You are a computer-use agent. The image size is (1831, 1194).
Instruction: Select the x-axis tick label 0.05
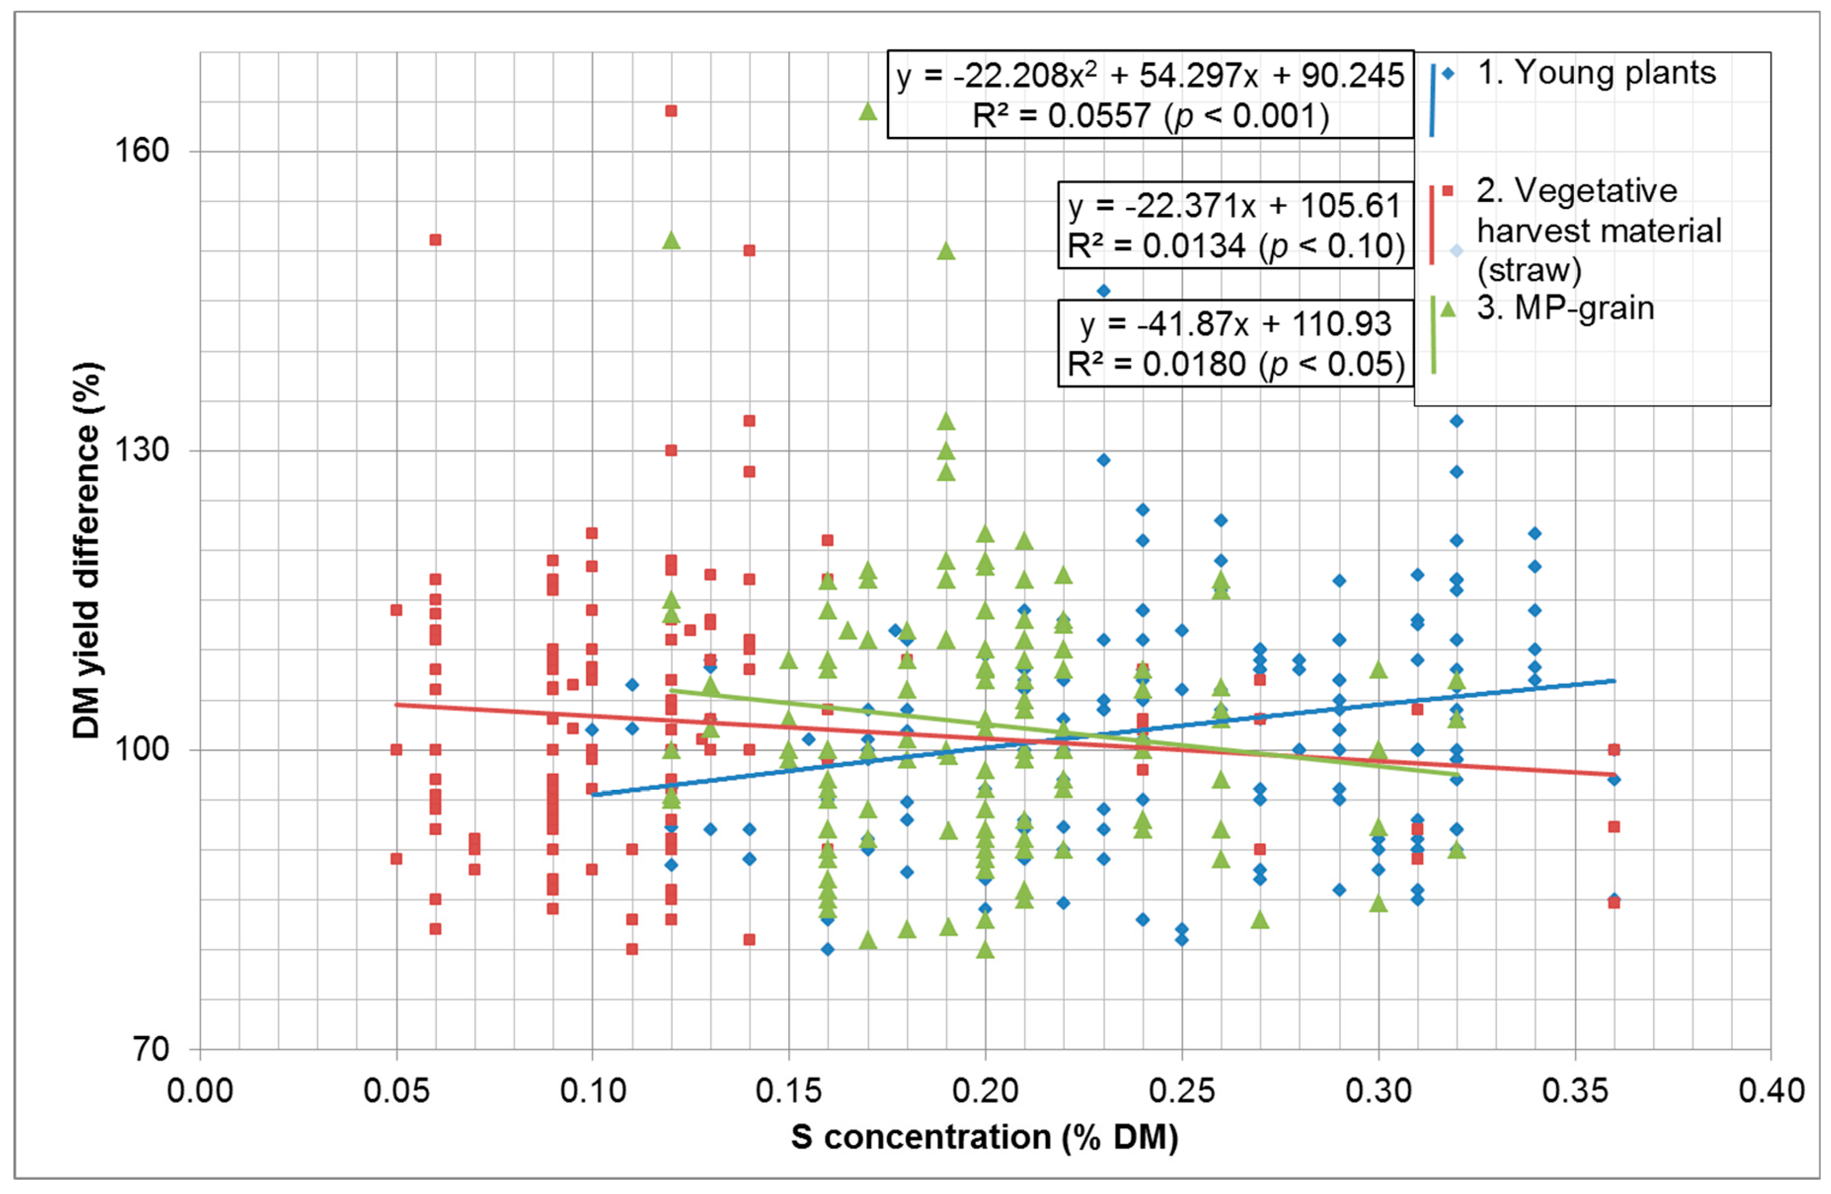tap(396, 1090)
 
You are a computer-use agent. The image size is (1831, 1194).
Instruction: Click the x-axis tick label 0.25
tap(1182, 1090)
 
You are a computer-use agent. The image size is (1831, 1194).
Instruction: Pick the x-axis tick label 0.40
tap(1771, 1090)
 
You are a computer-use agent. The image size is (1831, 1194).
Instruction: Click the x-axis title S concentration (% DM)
tap(985, 1137)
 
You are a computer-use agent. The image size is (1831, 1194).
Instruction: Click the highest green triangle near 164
tap(868, 112)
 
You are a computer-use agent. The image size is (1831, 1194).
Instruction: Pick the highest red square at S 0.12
tap(671, 111)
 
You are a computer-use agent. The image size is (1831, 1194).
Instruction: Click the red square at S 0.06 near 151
tap(435, 239)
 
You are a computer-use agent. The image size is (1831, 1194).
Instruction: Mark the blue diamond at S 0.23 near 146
tap(1103, 291)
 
